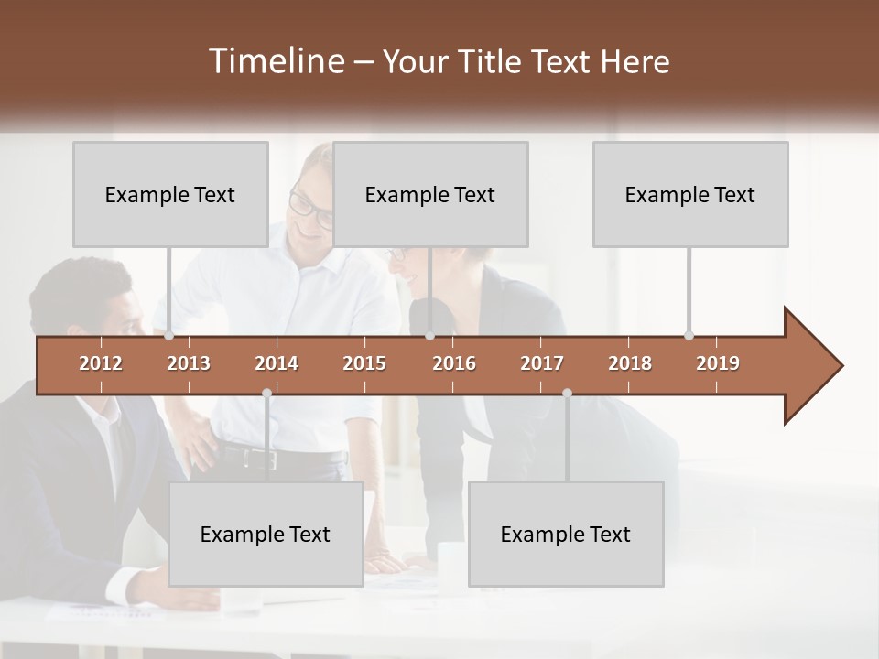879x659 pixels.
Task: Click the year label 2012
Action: [101, 363]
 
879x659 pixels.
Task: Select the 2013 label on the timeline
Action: [189, 363]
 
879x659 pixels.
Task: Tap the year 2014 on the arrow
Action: [277, 363]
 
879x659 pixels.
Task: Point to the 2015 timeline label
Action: [364, 363]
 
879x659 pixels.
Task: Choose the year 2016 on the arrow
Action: [454, 363]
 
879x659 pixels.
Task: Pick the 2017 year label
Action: [542, 363]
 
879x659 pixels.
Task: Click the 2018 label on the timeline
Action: [630, 363]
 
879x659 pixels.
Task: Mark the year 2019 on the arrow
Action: [718, 363]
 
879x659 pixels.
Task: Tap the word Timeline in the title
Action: [275, 61]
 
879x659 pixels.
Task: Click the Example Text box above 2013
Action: [170, 194]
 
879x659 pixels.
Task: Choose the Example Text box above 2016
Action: [430, 194]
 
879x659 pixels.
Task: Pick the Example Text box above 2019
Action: [690, 194]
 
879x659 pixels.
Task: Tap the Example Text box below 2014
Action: [266, 534]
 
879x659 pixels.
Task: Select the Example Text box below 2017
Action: [566, 534]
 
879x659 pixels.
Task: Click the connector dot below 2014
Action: [266, 394]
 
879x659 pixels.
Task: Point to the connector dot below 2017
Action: [567, 394]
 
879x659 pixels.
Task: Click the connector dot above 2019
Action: [689, 335]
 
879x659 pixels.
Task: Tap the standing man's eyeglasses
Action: [311, 210]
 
